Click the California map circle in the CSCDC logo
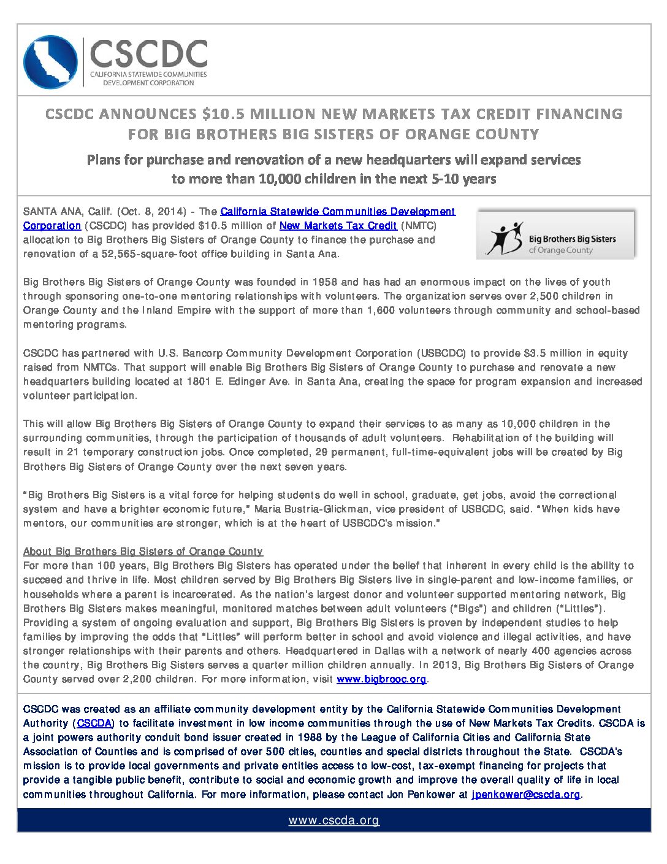click(50, 62)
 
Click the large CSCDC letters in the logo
click(148, 54)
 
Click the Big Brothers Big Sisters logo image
click(556, 234)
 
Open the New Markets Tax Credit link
click(338, 226)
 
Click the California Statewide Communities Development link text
click(338, 212)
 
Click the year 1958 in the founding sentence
click(326, 282)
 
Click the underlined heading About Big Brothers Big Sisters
click(143, 552)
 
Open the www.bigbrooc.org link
click(381, 679)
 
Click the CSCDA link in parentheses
click(95, 723)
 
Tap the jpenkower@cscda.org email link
click(525, 795)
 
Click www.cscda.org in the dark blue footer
click(334, 821)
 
